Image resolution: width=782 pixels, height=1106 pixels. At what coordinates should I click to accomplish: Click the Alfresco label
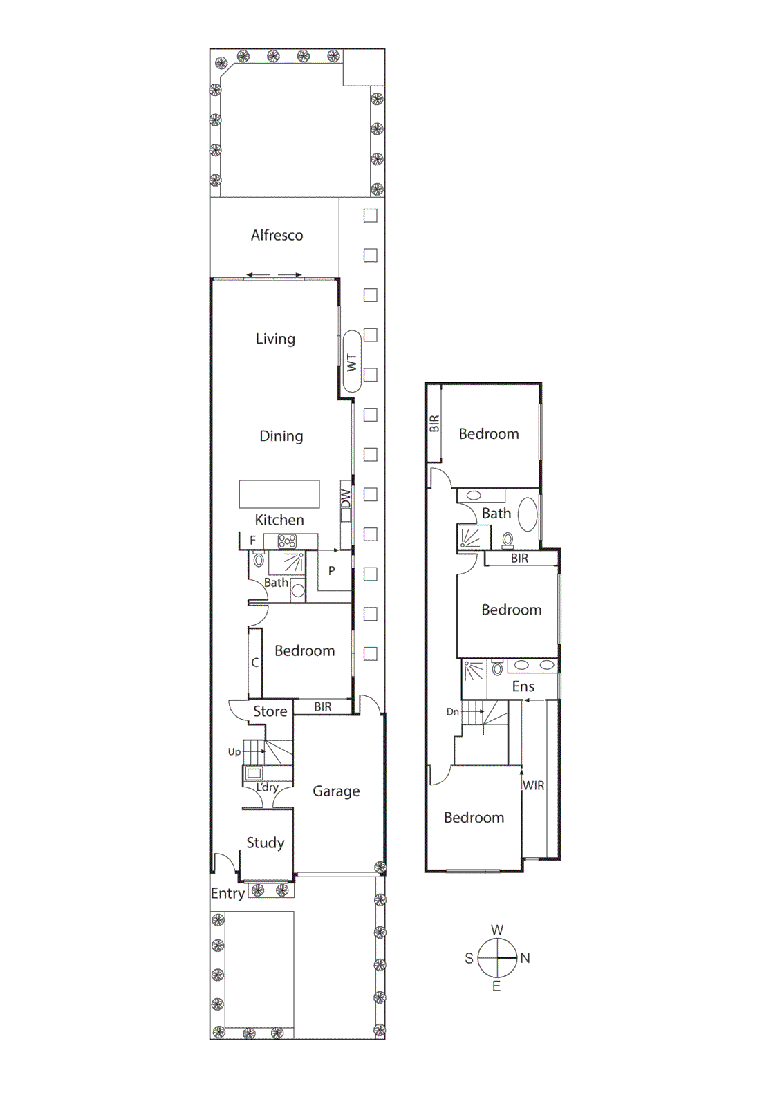[x=277, y=235]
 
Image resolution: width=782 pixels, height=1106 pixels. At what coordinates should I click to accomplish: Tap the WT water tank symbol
[x=352, y=362]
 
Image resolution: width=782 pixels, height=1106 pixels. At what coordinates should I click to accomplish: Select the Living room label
[x=275, y=339]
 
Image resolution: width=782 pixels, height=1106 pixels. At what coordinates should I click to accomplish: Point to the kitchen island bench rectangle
[x=279, y=494]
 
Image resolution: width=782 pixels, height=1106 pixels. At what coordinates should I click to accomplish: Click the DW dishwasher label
[x=346, y=498]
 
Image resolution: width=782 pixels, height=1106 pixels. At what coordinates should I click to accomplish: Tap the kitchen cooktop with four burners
[x=287, y=541]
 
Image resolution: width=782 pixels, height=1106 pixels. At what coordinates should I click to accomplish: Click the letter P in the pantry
[x=332, y=571]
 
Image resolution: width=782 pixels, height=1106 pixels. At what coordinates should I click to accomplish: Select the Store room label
[x=270, y=711]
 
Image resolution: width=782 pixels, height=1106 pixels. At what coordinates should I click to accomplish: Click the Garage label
[x=336, y=791]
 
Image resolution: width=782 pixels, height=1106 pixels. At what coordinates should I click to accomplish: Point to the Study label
[x=266, y=843]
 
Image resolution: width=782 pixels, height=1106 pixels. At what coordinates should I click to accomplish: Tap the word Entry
[x=227, y=893]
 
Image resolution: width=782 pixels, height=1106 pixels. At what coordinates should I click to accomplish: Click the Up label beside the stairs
[x=234, y=752]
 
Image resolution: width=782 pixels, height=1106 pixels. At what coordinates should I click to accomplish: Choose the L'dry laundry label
[x=267, y=787]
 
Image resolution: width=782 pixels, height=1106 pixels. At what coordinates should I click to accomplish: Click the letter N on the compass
[x=525, y=958]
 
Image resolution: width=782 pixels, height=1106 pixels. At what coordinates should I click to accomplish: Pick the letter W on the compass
[x=497, y=930]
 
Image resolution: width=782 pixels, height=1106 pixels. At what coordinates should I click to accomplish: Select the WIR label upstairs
[x=533, y=786]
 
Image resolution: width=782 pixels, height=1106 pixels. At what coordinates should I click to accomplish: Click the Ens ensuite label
[x=523, y=686]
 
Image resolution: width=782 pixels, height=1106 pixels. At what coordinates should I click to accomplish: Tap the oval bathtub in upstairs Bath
[x=528, y=514]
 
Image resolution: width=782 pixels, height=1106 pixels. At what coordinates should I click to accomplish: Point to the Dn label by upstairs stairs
[x=452, y=712]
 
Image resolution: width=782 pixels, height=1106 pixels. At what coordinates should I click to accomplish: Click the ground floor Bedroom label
[x=304, y=650]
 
